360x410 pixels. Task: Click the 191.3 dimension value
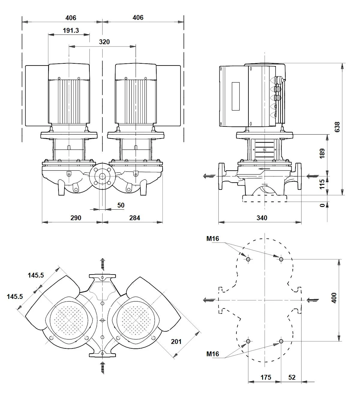(x=71, y=31)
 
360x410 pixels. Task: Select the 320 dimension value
(x=104, y=42)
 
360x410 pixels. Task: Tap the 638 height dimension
(x=337, y=127)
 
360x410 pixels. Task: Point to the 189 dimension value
(x=322, y=153)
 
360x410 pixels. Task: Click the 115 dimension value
(x=322, y=184)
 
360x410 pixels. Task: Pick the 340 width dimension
(x=262, y=218)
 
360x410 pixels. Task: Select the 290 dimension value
(x=76, y=218)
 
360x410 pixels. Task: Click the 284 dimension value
(x=135, y=218)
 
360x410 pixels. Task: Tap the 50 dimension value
(x=121, y=205)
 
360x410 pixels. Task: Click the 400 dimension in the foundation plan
(x=334, y=298)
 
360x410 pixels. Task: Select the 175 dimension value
(x=265, y=378)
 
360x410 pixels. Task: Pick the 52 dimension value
(x=292, y=378)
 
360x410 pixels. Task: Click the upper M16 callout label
(x=213, y=239)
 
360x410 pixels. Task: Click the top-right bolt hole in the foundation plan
(x=281, y=259)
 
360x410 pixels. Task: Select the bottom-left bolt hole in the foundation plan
(x=248, y=342)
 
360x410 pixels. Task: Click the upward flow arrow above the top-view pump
(x=103, y=265)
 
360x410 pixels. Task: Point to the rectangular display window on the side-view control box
(x=236, y=96)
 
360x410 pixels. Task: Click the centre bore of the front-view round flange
(x=102, y=177)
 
